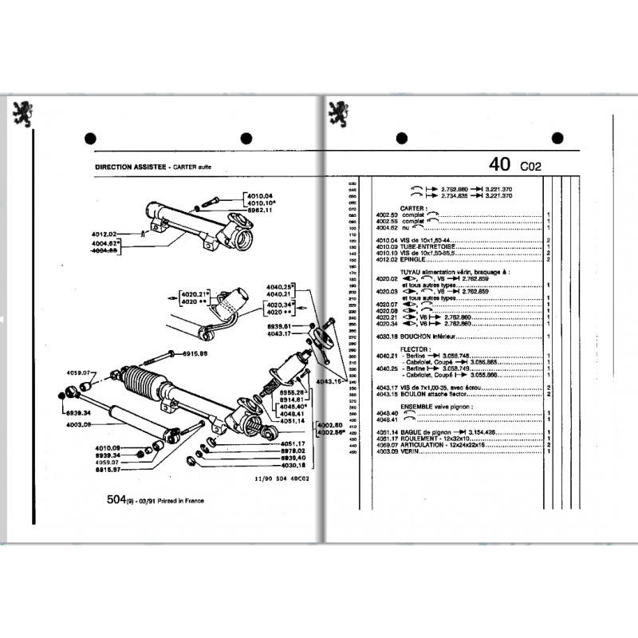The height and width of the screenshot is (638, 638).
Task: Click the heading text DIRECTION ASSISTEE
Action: click(x=130, y=167)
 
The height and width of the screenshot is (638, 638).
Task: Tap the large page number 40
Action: click(x=500, y=165)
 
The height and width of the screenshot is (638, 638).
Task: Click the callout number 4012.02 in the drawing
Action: click(x=104, y=234)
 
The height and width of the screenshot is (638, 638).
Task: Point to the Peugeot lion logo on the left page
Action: click(x=22, y=114)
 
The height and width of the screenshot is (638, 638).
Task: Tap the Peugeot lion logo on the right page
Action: click(x=338, y=113)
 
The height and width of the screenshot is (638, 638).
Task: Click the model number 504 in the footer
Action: click(x=116, y=500)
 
